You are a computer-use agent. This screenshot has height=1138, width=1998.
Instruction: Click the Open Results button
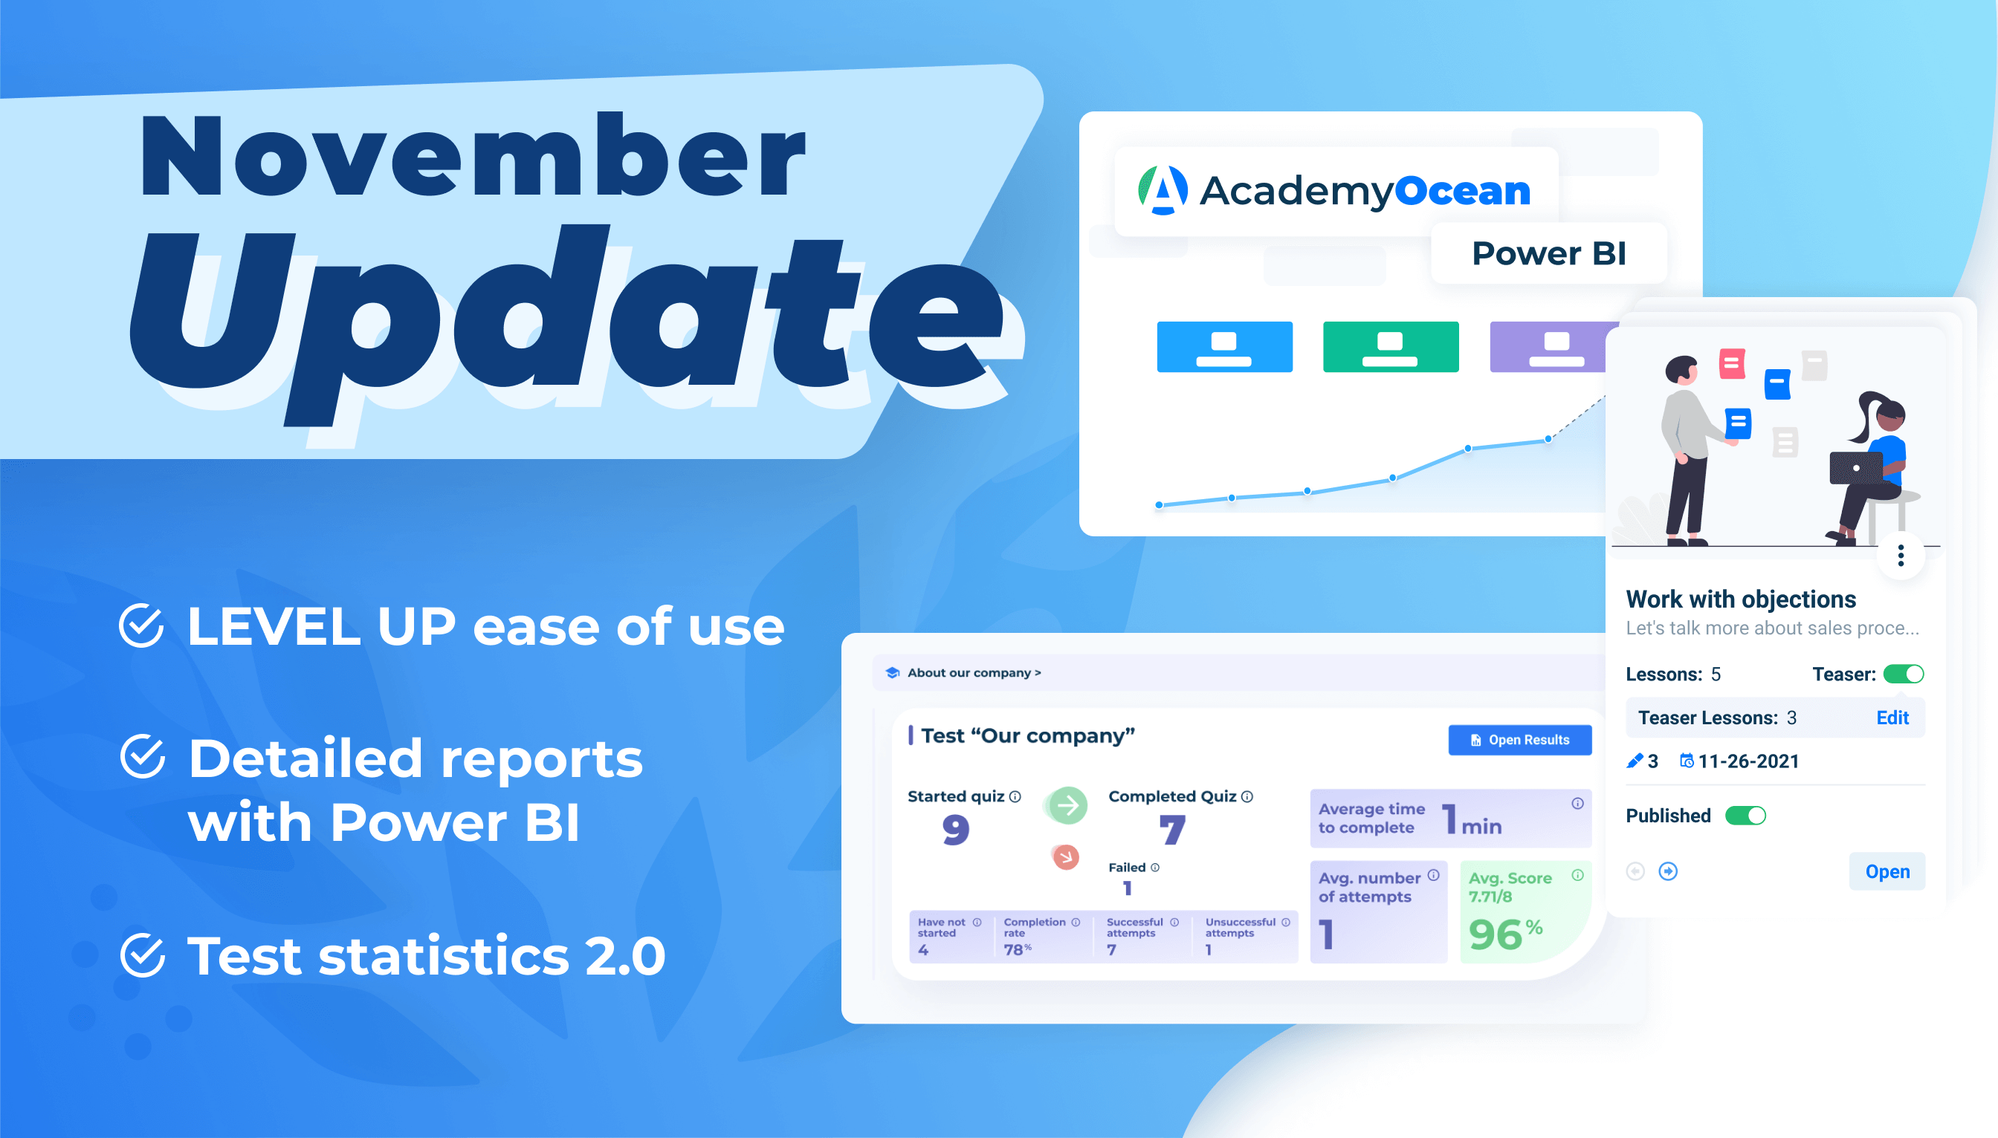(1519, 739)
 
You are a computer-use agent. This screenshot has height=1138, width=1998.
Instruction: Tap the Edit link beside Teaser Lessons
(1892, 718)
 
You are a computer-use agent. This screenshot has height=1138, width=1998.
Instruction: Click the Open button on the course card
(1887, 871)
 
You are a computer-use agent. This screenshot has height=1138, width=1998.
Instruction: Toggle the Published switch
(1745, 815)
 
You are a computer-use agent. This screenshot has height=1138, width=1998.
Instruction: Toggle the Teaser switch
(1904, 674)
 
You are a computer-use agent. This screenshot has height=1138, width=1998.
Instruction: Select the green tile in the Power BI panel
(1391, 346)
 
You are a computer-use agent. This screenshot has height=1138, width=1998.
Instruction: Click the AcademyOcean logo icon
(1163, 190)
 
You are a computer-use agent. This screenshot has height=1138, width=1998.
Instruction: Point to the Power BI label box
(1548, 253)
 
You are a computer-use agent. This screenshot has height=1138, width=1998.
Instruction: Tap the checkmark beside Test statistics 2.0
(142, 955)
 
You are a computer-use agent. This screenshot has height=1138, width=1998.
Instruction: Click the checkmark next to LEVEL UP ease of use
(141, 625)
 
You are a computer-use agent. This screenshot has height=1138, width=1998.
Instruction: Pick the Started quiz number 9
(956, 829)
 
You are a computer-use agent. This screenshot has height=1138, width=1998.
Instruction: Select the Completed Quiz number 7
(1172, 829)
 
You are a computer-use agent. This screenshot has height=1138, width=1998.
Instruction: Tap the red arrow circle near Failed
(1065, 856)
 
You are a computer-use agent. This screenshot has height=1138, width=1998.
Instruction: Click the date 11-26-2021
(1748, 761)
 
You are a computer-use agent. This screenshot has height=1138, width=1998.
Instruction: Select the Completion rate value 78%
(1018, 949)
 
